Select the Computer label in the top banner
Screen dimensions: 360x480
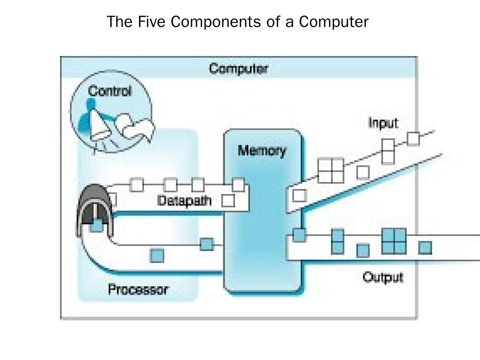tap(238, 69)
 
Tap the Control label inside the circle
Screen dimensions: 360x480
tap(110, 91)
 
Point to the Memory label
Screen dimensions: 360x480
tap(262, 151)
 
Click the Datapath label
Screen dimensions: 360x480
tap(184, 201)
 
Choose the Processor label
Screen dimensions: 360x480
tap(138, 289)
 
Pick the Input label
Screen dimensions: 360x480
tap(383, 123)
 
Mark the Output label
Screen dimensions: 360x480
tap(383, 277)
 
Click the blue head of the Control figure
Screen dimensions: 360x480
tap(90, 104)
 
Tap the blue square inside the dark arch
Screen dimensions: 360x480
tap(96, 226)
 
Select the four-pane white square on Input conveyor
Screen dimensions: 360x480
tap(331, 171)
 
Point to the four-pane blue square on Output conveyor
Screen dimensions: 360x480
tap(394, 241)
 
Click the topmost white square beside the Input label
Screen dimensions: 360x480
tap(413, 139)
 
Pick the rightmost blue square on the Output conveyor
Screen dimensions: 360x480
tap(425, 248)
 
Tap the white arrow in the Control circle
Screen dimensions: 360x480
tap(137, 128)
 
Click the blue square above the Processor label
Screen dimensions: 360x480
tap(157, 256)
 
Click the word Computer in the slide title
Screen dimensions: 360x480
tap(334, 22)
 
